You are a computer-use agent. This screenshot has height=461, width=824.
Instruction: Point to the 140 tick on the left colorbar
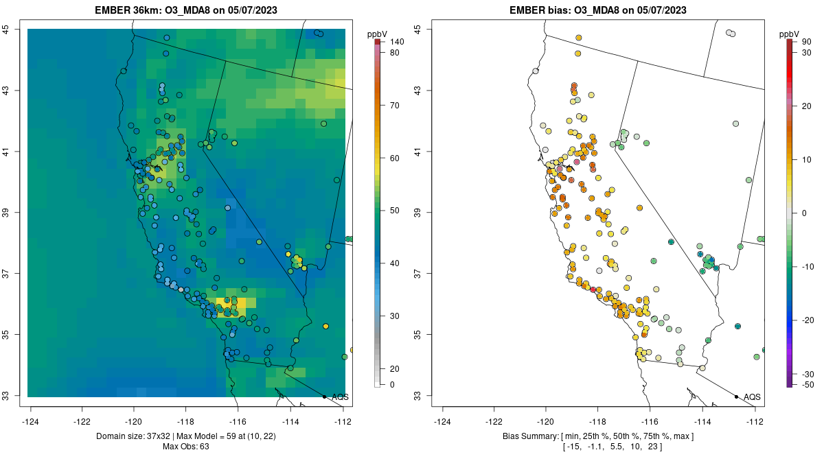pos(396,43)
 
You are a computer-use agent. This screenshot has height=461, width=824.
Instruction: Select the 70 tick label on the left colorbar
pos(395,106)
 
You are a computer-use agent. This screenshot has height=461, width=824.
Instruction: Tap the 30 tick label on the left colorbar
pos(395,316)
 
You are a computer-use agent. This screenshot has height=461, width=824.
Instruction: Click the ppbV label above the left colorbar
pos(377,34)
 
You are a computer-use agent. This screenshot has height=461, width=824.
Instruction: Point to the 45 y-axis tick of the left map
pos(6,29)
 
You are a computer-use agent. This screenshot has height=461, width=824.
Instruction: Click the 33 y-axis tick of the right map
pos(418,396)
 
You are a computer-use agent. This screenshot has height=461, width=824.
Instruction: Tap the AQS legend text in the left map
pos(340,397)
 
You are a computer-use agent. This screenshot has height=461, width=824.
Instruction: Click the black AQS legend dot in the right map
pos(736,397)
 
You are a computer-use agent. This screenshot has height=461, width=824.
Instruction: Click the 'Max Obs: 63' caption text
pos(185,447)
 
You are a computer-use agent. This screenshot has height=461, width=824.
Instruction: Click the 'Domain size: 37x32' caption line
pos(185,436)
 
